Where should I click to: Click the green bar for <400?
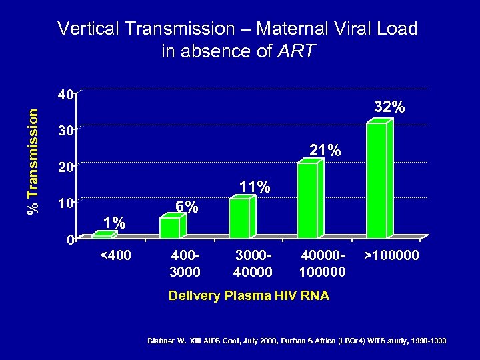pos(101,235)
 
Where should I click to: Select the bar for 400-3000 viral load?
pos(171,227)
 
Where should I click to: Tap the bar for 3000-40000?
pos(239,218)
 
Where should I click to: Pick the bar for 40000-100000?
pos(308,199)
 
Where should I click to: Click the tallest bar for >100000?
pos(377,179)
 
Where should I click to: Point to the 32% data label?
pos(389,107)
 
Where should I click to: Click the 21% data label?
pos(325,151)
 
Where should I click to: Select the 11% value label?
pos(255,187)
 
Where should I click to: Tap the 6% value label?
pos(186,207)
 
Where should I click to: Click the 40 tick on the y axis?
pos(64,95)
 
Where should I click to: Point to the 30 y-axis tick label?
pos(64,131)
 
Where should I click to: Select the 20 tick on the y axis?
pos(64,168)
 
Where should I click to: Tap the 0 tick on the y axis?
pos(70,241)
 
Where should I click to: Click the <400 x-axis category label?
pos(115,255)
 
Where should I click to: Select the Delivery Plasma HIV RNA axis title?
pos(249,295)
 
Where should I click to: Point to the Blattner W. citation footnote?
pos(296,341)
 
